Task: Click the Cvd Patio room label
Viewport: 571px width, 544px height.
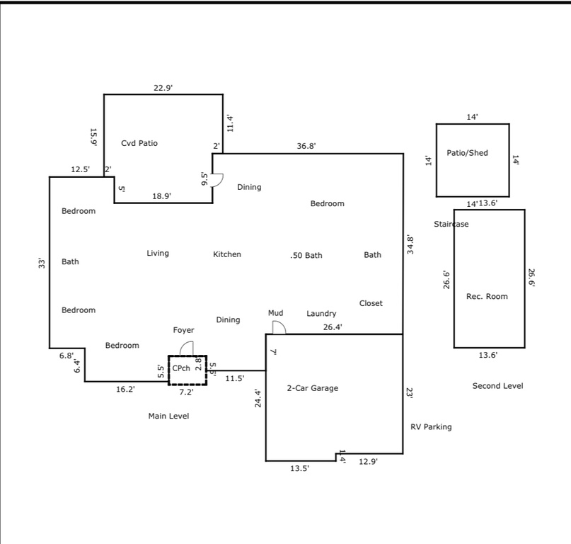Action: (x=139, y=143)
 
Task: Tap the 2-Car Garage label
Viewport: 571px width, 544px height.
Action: (x=312, y=388)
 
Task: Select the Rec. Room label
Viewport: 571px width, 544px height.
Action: (x=487, y=296)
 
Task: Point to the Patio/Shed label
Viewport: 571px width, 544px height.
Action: (x=467, y=153)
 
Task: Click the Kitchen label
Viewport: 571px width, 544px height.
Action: (x=227, y=254)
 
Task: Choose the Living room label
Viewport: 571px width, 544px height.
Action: (x=158, y=254)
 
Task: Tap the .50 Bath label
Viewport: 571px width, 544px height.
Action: (x=306, y=255)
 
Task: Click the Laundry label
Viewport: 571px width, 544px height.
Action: (x=321, y=314)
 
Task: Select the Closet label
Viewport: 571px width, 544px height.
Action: (x=371, y=303)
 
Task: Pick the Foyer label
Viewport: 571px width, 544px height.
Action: (x=183, y=330)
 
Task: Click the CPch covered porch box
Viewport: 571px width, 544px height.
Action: (x=187, y=370)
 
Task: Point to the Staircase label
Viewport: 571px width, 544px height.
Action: (x=451, y=225)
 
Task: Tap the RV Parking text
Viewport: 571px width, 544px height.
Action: (x=431, y=427)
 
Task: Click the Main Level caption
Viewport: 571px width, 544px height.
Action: (x=168, y=416)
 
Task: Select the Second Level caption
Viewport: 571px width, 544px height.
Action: (x=497, y=386)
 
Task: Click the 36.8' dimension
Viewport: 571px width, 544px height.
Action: (x=306, y=146)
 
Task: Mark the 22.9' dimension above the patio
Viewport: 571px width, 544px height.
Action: (x=163, y=87)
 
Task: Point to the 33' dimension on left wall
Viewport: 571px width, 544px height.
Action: (x=42, y=263)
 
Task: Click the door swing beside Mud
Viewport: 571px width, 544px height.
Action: (x=278, y=327)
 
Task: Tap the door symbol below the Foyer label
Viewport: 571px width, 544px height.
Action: (x=186, y=348)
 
